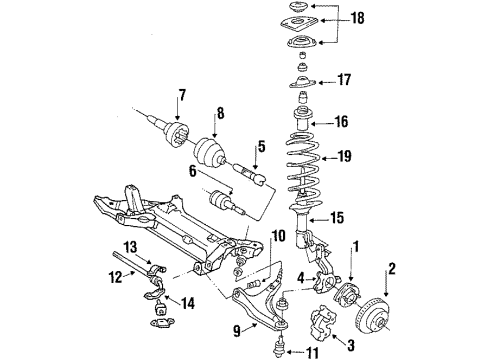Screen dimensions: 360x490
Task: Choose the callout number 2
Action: pyautogui.click(x=393, y=266)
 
